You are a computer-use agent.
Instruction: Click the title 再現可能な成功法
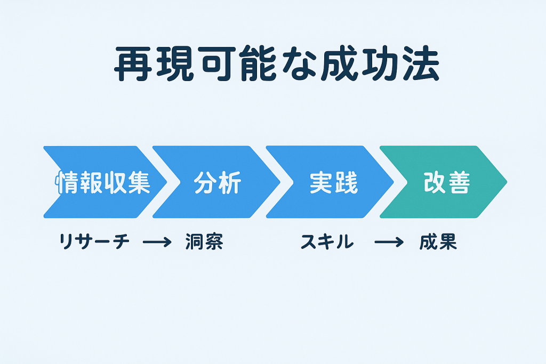(x=277, y=66)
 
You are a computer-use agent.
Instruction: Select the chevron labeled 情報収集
(x=101, y=182)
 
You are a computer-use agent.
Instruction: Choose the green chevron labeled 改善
(x=446, y=182)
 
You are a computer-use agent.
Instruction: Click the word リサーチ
(x=94, y=242)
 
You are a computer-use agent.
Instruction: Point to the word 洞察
(x=204, y=242)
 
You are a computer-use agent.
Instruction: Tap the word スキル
(x=327, y=242)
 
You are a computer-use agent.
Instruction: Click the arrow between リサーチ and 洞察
(x=157, y=243)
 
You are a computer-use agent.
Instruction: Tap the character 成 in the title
(x=338, y=66)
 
